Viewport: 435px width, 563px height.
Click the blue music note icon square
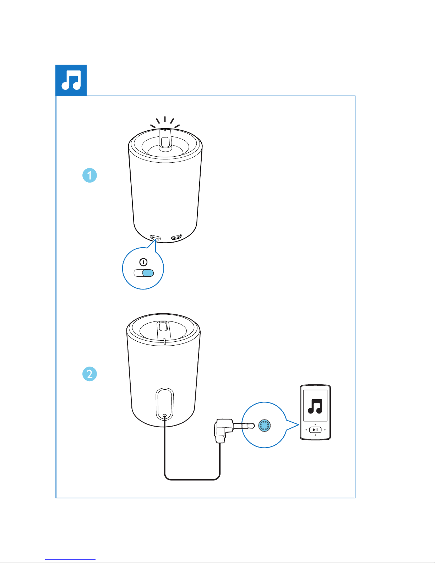tap(71, 80)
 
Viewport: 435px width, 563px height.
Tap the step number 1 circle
tap(89, 175)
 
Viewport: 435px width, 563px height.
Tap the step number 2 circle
tap(89, 374)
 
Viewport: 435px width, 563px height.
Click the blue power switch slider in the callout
tap(148, 273)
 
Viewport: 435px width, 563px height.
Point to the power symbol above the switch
tap(143, 262)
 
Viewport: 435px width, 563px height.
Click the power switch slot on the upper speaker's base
tap(156, 237)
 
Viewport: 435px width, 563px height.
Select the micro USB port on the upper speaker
tap(176, 237)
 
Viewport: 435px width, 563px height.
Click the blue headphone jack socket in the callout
tap(264, 425)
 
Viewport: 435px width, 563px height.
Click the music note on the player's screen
tap(315, 406)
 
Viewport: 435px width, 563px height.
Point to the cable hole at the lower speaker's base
tap(165, 416)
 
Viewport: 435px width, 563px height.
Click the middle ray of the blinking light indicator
tap(165, 119)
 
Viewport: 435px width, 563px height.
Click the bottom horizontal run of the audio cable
tap(192, 480)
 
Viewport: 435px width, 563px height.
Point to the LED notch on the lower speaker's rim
tap(165, 341)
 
